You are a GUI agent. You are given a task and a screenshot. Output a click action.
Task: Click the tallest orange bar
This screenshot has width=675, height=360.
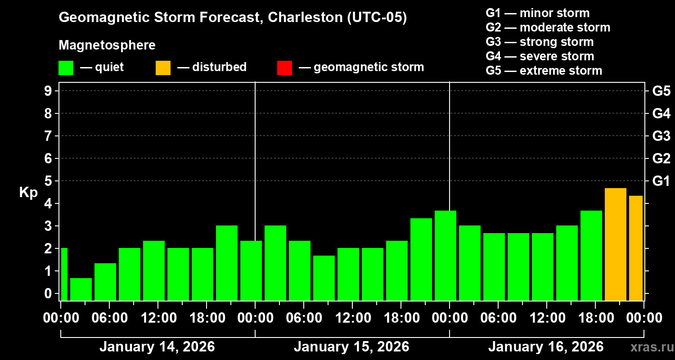tap(615, 244)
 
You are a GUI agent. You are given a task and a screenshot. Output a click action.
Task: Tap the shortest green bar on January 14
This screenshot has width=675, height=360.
tap(81, 289)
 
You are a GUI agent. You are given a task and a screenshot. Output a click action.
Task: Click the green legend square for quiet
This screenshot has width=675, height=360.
tap(66, 67)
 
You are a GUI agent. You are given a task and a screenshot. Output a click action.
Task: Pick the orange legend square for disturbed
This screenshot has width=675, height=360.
tap(163, 67)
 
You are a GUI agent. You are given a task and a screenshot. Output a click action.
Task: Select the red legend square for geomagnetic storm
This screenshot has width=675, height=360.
tap(284, 67)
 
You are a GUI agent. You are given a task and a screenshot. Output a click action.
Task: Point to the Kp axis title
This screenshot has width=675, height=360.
tap(28, 193)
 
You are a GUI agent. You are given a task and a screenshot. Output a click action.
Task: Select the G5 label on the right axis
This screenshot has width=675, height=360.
tap(661, 91)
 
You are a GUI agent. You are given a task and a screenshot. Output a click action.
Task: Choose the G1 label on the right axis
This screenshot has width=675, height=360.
tap(661, 181)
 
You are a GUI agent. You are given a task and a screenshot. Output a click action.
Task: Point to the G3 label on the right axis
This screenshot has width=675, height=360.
tap(661, 136)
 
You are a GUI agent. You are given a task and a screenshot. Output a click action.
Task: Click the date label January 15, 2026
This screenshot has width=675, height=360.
tap(351, 347)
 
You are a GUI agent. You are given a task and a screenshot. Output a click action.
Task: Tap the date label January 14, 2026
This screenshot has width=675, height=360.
tap(157, 347)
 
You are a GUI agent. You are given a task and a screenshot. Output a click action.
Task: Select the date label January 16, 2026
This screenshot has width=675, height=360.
tap(546, 347)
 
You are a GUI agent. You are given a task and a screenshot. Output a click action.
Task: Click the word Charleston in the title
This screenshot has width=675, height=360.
tap(303, 18)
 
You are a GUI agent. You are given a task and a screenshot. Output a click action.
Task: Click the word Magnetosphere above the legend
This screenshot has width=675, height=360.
tap(107, 45)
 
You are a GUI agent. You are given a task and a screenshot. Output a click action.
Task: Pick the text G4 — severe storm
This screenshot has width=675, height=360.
tap(540, 56)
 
